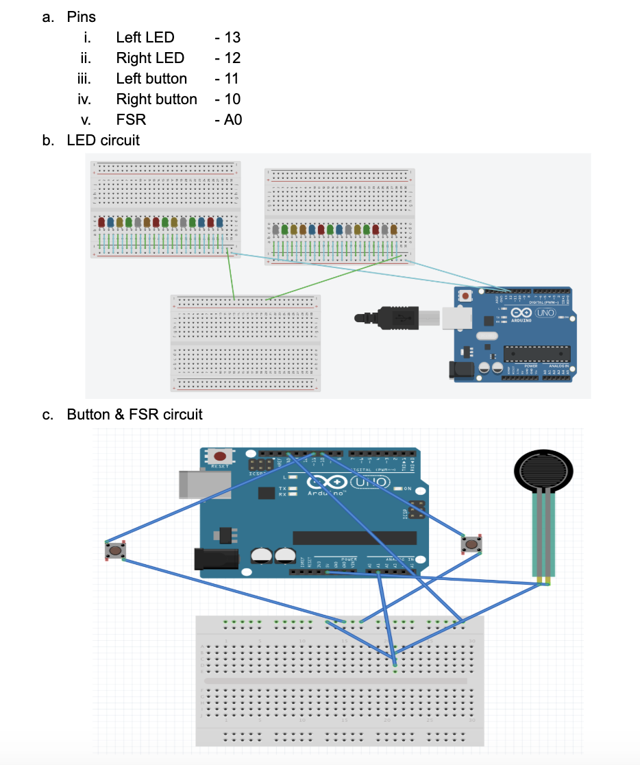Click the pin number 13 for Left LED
point(232,37)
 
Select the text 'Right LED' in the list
point(150,58)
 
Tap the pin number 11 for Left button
point(231,78)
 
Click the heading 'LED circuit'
point(103,140)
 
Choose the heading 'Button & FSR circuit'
point(134,414)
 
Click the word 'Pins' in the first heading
point(82,16)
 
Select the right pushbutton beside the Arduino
point(471,544)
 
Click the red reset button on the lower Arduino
point(221,457)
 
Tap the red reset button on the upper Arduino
point(467,296)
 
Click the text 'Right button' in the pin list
point(156,99)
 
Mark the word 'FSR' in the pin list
point(131,120)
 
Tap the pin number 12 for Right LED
point(232,58)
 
